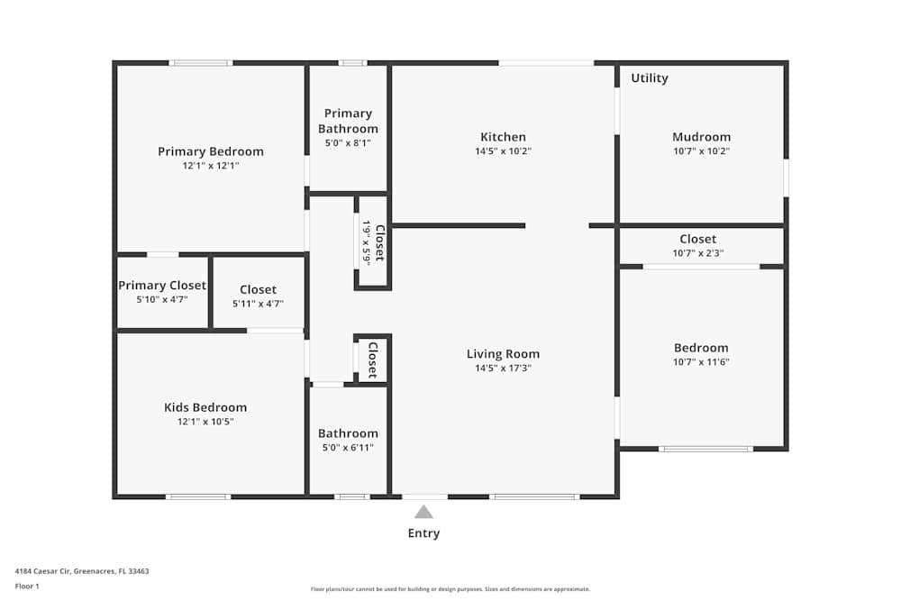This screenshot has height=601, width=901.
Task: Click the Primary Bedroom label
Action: point(211,151)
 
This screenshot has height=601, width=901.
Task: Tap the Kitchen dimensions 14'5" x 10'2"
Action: point(503,151)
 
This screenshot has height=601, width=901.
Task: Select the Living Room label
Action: point(503,354)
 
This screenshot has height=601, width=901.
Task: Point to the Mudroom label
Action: point(701,138)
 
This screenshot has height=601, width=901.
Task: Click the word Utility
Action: point(650,78)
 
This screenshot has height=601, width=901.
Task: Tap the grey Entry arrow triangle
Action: point(423,512)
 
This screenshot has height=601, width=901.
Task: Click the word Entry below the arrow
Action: point(423,533)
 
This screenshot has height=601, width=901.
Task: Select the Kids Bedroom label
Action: point(205,407)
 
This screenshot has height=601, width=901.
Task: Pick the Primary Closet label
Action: point(162,286)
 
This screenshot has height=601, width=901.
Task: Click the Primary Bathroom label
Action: point(348,121)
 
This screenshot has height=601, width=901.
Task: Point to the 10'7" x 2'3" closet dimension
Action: point(698,253)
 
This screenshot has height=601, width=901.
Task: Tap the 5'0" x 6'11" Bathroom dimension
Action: point(348,447)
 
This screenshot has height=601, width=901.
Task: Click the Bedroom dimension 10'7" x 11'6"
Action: point(701,362)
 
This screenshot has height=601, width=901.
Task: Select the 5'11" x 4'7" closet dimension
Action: point(258,304)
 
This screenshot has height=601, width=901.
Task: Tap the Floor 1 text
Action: point(27,587)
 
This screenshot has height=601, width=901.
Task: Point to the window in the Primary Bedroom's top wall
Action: point(201,62)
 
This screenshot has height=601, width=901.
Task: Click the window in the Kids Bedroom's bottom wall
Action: point(198,496)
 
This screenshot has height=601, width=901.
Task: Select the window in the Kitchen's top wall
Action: point(546,62)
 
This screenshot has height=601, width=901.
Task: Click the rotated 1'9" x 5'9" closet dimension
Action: point(366,242)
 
